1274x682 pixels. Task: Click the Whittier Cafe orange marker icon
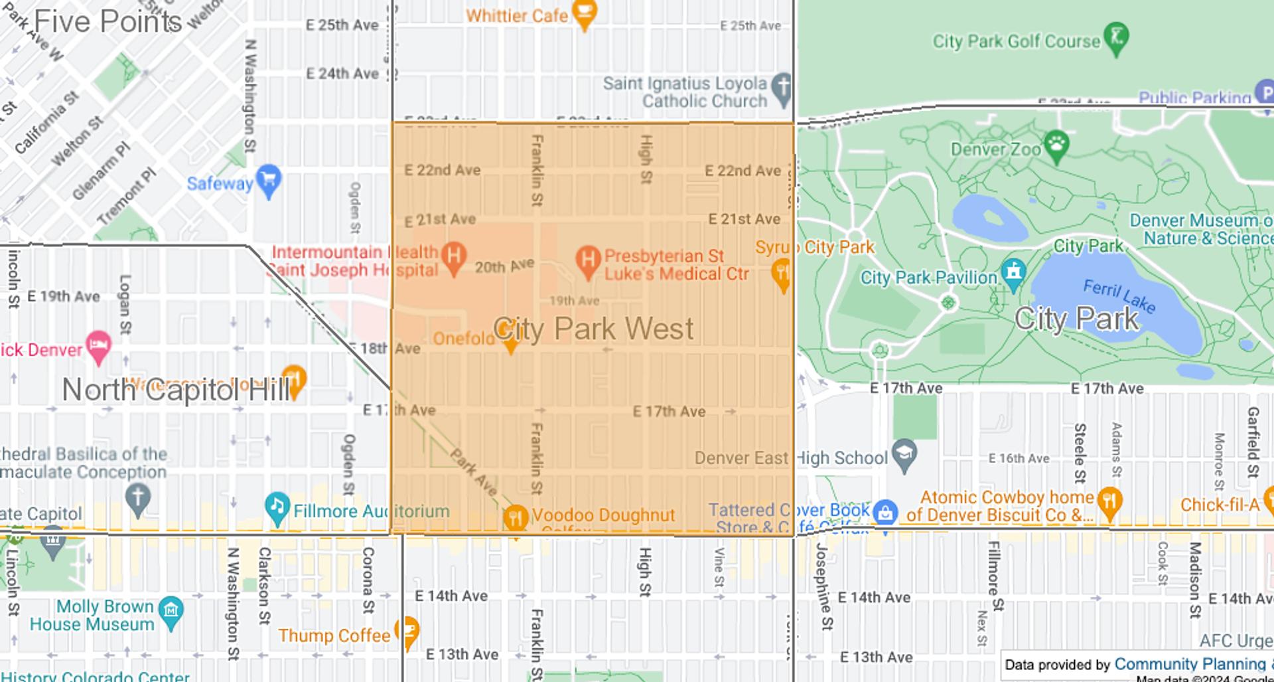click(584, 13)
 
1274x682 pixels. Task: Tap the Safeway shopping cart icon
click(268, 180)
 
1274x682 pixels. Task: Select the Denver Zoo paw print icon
click(1056, 146)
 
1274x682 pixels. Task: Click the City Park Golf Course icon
click(1116, 37)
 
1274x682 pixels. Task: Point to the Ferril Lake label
click(1119, 296)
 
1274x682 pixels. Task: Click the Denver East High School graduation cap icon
click(904, 454)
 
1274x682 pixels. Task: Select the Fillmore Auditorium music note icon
click(277, 508)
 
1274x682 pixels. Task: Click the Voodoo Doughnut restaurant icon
click(516, 517)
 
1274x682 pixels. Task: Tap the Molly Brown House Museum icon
click(171, 610)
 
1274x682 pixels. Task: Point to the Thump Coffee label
click(334, 636)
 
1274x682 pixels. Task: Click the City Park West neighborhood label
click(593, 329)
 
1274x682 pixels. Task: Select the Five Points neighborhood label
click(107, 21)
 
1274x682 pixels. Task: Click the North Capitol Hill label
click(176, 390)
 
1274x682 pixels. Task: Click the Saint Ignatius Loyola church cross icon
click(782, 88)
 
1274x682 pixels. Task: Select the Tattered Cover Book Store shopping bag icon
click(885, 513)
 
